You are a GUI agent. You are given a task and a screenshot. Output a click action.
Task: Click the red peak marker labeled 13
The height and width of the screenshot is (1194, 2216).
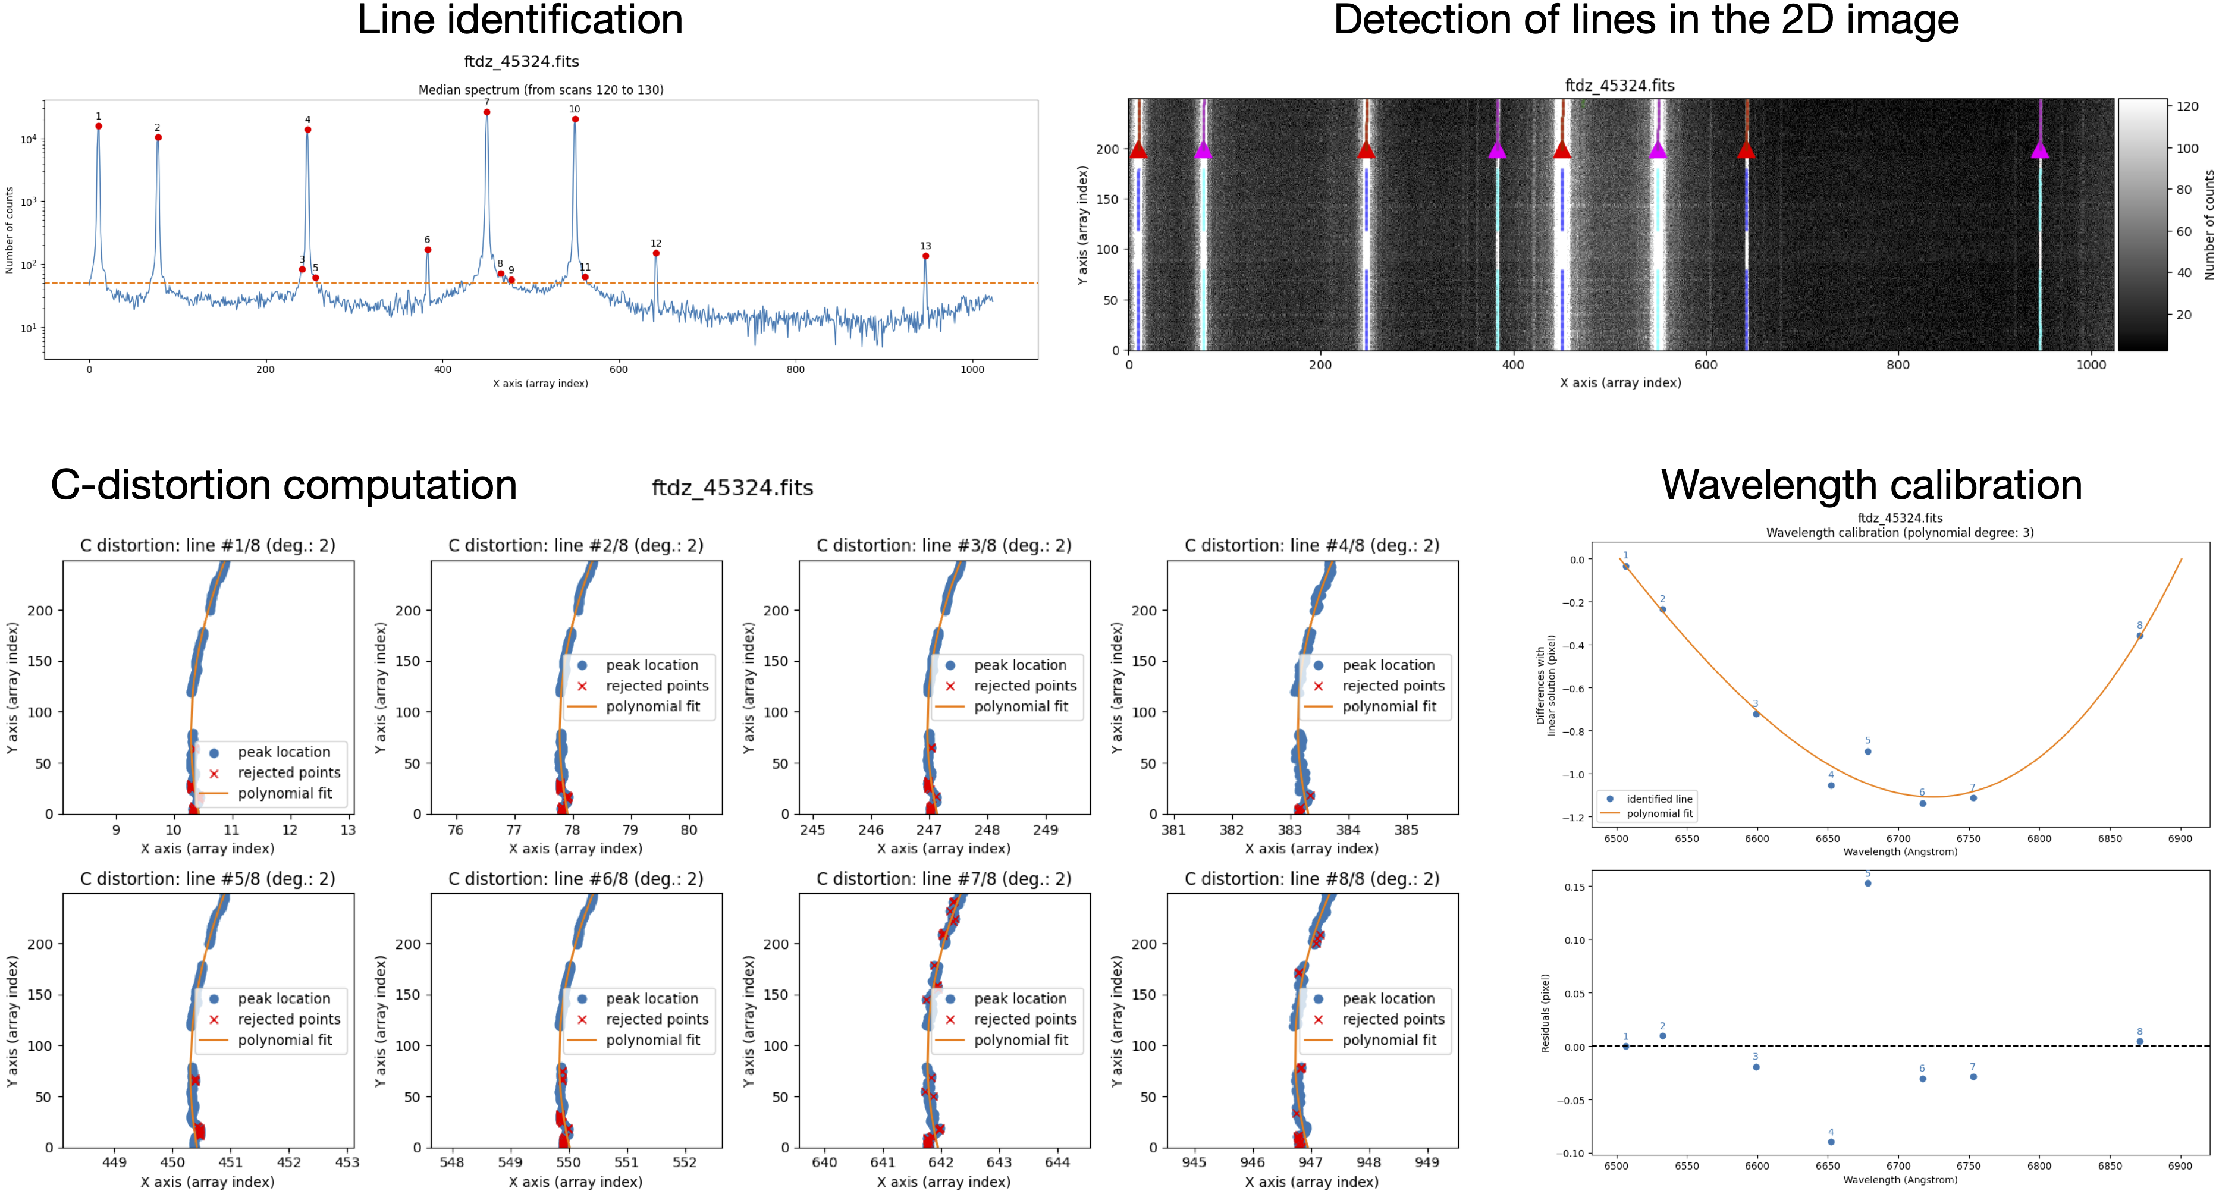coord(925,256)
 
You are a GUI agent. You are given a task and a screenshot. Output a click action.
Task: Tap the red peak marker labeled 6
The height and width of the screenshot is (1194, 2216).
coord(428,250)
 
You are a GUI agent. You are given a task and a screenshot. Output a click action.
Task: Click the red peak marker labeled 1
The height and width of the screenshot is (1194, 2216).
coord(99,127)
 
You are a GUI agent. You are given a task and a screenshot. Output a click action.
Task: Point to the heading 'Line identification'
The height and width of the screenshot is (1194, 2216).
coord(520,21)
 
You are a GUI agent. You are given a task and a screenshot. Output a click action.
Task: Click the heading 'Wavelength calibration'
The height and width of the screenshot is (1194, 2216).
coord(1871,485)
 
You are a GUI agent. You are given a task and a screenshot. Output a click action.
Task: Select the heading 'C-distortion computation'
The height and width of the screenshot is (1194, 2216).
coord(284,486)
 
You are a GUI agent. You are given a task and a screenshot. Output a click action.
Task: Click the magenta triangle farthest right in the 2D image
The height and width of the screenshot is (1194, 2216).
coord(2039,150)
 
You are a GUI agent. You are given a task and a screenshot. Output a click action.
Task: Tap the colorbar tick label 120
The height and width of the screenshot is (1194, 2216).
coord(2187,106)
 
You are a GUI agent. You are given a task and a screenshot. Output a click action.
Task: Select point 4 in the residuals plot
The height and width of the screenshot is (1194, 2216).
coord(1831,1142)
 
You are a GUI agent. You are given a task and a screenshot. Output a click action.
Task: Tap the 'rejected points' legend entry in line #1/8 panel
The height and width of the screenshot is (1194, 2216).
coord(288,772)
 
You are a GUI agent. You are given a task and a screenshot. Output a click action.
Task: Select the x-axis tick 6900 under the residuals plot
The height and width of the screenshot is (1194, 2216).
coord(2180,1167)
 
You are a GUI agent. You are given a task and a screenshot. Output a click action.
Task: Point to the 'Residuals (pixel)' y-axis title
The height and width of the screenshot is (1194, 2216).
coord(1545,1013)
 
